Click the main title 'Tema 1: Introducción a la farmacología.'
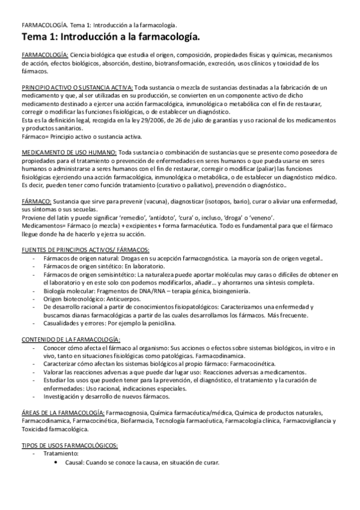coord(110,38)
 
